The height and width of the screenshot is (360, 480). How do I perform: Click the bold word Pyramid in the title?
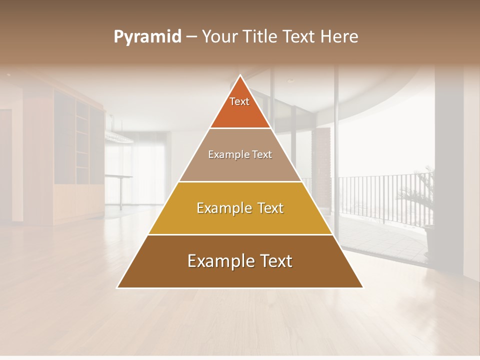pos(147,37)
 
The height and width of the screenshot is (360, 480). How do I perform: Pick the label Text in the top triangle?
pos(239,101)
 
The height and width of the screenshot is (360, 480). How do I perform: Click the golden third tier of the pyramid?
pos(240,220)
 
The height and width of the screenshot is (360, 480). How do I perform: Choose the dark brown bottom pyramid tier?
pos(240,275)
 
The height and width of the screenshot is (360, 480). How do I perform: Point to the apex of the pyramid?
pos(240,75)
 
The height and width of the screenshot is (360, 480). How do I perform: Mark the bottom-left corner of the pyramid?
pos(118,287)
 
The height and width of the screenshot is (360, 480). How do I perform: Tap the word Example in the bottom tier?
pos(218,261)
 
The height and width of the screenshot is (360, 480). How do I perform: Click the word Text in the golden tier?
pos(267,208)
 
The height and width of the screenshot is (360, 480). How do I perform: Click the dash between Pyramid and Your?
pos(191,37)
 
